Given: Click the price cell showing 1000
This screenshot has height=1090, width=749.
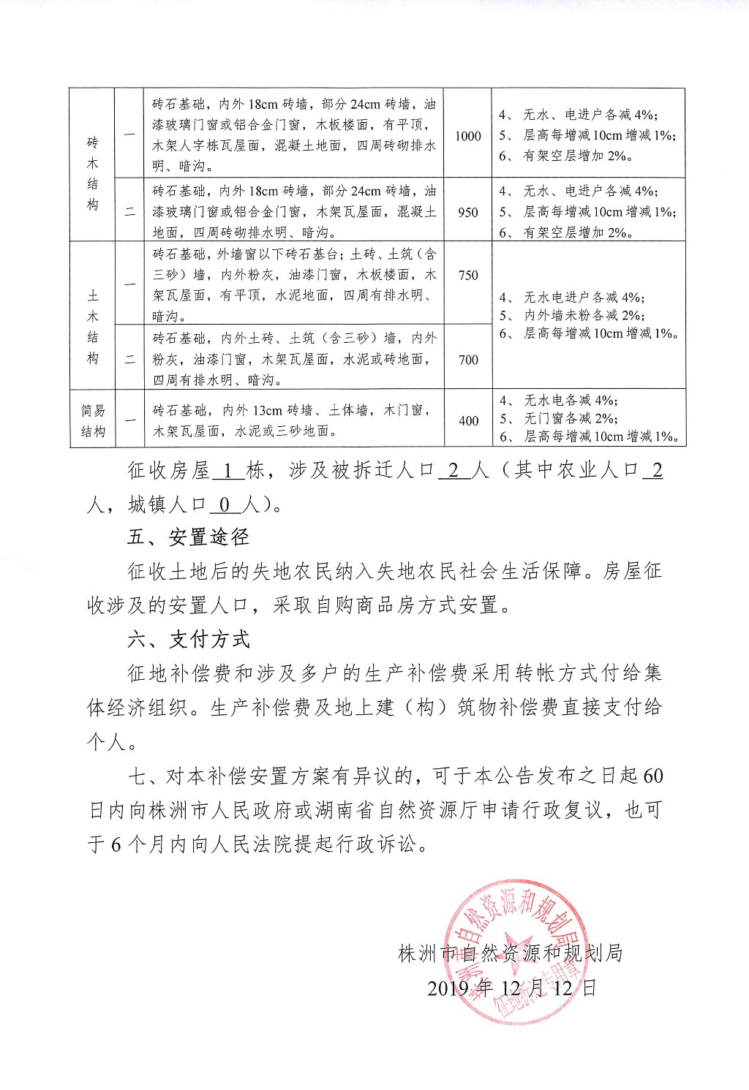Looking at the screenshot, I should (x=468, y=136).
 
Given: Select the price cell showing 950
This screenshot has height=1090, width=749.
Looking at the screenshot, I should (x=468, y=213).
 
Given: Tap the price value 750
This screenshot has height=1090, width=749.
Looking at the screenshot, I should (x=468, y=275).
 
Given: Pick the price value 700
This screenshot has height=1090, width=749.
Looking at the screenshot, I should (x=468, y=360).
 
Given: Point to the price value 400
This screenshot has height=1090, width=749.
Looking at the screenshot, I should (x=468, y=420).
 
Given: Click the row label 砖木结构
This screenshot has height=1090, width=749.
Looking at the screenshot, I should (x=92, y=173).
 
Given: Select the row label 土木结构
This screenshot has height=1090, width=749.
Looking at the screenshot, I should (x=92, y=327).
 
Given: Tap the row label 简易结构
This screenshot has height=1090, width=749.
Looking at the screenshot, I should (x=92, y=421).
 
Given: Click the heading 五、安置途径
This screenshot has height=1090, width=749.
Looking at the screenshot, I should (x=188, y=537).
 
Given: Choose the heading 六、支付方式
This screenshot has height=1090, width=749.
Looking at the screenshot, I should (x=188, y=639).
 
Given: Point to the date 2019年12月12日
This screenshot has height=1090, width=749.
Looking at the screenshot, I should (x=512, y=988).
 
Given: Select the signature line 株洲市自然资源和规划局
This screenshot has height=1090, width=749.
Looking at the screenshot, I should (x=510, y=953).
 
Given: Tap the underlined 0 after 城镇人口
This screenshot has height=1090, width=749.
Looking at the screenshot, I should (x=225, y=504).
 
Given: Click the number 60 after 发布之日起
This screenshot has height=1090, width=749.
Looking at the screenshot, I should (x=653, y=775).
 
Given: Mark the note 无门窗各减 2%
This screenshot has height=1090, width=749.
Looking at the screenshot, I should (x=571, y=419).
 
